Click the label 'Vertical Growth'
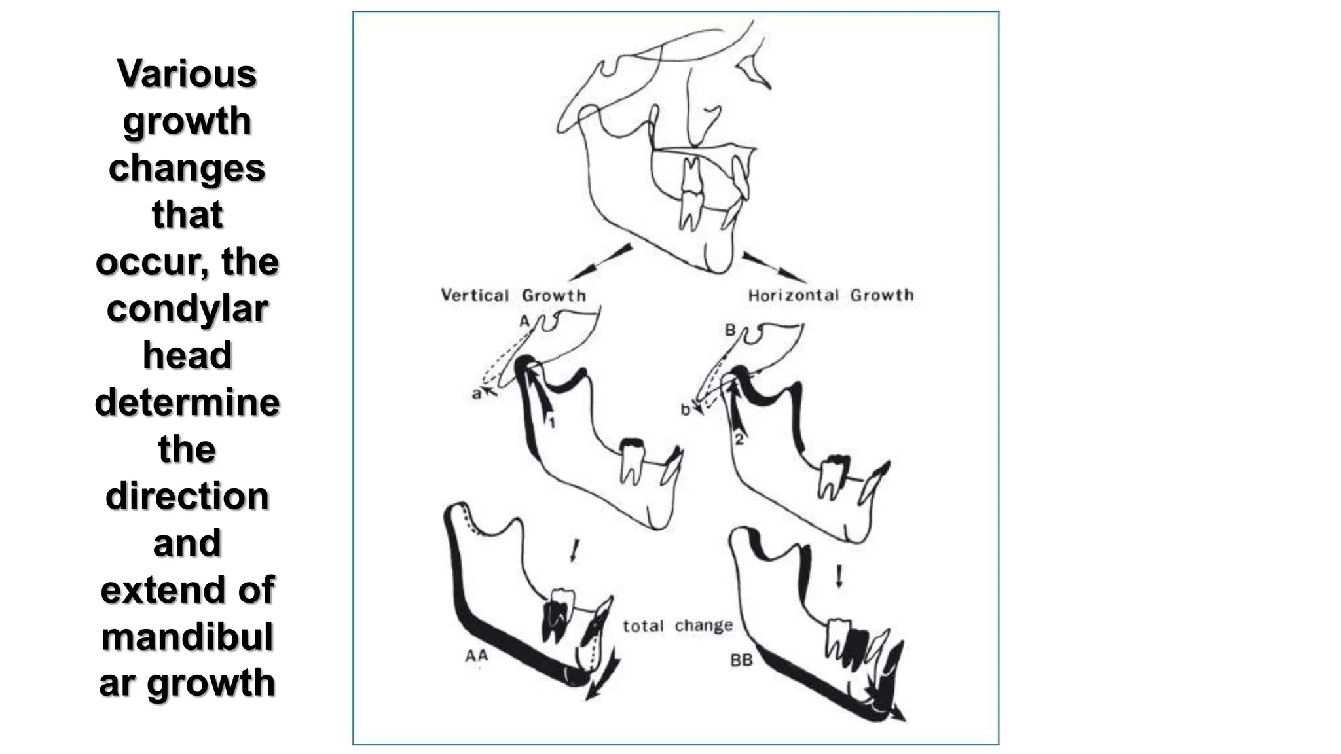pyautogui.click(x=513, y=295)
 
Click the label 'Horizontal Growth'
pyautogui.click(x=830, y=295)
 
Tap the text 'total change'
pyautogui.click(x=676, y=626)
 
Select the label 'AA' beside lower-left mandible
pyautogui.click(x=477, y=655)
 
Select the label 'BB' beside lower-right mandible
pyautogui.click(x=741, y=660)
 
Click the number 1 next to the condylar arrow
pyautogui.click(x=552, y=423)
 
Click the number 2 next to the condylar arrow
pyautogui.click(x=739, y=440)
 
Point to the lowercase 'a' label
pyautogui.click(x=476, y=394)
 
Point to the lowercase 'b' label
pyautogui.click(x=685, y=410)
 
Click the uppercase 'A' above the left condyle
pyautogui.click(x=524, y=321)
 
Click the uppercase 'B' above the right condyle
pyautogui.click(x=730, y=331)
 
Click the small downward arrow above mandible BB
pyautogui.click(x=839, y=576)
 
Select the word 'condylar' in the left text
pyautogui.click(x=187, y=308)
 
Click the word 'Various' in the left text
pyautogui.click(x=187, y=73)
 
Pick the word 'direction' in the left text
pyautogui.click(x=187, y=495)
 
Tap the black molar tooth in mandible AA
pyautogui.click(x=555, y=622)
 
